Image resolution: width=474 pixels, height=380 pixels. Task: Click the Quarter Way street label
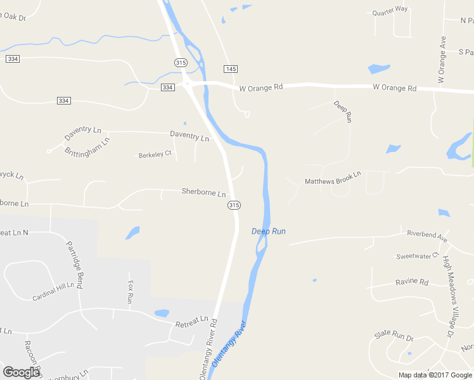click(x=390, y=10)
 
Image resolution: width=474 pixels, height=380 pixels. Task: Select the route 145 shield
click(x=230, y=68)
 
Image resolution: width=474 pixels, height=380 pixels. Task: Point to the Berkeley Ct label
click(x=155, y=155)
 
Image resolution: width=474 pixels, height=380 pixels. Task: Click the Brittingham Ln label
click(x=87, y=146)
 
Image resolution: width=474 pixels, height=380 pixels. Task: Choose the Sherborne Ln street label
click(x=203, y=192)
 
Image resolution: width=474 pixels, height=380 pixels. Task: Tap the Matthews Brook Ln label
click(x=333, y=177)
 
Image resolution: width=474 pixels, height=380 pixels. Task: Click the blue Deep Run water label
click(x=269, y=231)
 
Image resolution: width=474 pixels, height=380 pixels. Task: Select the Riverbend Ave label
click(x=427, y=236)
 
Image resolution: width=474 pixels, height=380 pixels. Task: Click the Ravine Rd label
click(x=412, y=282)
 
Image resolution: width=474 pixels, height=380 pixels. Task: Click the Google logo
click(x=21, y=372)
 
